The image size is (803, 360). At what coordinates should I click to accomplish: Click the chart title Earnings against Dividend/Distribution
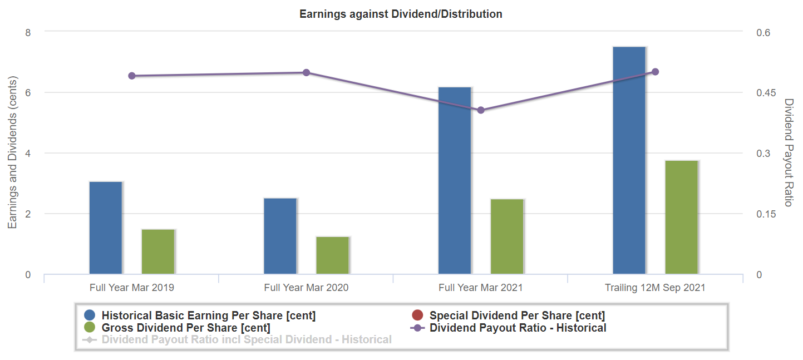[401, 14]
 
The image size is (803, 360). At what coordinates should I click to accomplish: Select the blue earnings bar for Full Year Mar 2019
[106, 228]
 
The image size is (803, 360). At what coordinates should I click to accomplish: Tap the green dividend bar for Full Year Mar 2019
[158, 251]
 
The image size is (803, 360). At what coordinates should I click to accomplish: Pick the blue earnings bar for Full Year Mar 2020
[280, 236]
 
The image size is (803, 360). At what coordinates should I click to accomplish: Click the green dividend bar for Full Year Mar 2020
[333, 255]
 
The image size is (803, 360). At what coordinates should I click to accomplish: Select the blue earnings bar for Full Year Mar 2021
[455, 180]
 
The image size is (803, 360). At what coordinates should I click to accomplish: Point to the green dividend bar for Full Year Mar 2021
[507, 236]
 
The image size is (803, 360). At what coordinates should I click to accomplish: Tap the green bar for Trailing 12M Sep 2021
[682, 217]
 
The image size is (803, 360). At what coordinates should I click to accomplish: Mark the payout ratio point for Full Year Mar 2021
[481, 110]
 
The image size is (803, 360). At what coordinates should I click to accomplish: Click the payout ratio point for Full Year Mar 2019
[132, 76]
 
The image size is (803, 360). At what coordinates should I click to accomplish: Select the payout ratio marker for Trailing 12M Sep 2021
[655, 72]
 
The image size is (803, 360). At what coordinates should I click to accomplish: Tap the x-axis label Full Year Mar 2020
[306, 288]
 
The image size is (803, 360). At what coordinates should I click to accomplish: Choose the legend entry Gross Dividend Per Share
[186, 328]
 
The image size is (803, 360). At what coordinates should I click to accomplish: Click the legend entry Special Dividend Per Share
[517, 315]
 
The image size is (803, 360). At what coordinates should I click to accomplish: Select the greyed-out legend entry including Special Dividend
[247, 339]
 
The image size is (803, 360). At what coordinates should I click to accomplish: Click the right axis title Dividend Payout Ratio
[788, 152]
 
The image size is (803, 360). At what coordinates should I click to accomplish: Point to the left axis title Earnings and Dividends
[12, 152]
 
